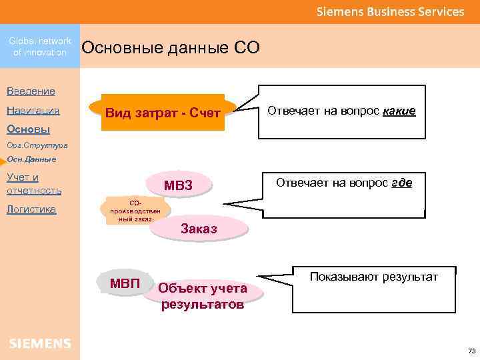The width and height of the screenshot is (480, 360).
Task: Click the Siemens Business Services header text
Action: click(390, 11)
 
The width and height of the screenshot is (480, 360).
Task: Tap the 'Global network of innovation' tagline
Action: click(40, 47)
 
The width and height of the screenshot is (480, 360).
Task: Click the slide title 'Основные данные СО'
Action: click(170, 49)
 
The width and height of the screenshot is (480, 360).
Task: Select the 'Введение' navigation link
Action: click(31, 91)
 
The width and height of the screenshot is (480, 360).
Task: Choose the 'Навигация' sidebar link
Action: click(33, 110)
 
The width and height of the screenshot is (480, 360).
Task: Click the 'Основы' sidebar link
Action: click(28, 128)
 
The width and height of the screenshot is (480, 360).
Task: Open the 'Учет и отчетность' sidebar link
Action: click(34, 183)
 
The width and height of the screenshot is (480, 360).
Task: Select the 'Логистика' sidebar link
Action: click(31, 209)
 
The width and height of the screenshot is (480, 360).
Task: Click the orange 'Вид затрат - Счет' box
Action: click(163, 113)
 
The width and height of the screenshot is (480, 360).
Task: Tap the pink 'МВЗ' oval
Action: click(178, 185)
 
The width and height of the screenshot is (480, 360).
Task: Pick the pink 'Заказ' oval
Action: click(199, 229)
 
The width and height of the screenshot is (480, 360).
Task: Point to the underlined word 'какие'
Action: click(399, 111)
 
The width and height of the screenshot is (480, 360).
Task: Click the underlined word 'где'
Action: click(402, 182)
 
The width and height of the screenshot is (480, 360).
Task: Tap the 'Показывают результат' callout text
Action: click(374, 276)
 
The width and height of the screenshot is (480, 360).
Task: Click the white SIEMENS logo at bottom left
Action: click(40, 343)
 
